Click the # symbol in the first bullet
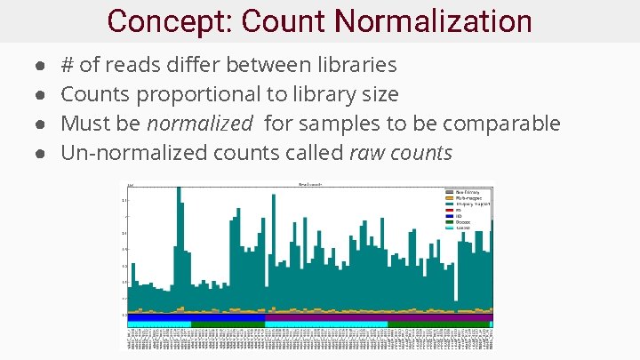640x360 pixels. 67,65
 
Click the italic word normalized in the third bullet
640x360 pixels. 199,124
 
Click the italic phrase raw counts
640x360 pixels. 401,153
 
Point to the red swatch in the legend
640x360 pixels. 449,210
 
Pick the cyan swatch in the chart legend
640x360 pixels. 449,227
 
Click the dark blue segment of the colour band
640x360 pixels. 228,317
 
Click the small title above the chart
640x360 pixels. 309,184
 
